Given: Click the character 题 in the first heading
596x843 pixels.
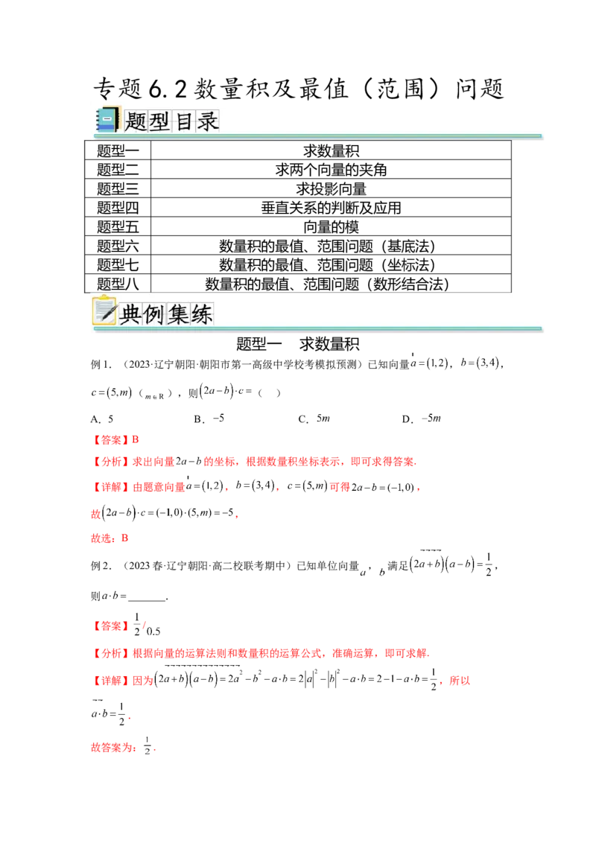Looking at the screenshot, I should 136,121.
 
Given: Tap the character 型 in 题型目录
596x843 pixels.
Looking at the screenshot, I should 159,121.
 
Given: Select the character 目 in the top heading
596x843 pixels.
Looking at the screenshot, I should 183,121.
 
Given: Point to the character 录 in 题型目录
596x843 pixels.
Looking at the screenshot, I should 207,121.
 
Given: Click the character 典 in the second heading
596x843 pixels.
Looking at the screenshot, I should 130,314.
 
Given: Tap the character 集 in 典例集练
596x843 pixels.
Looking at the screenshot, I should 178,314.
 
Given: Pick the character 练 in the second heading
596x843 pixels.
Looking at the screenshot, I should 202,314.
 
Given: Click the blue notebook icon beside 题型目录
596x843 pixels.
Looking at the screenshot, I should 107,120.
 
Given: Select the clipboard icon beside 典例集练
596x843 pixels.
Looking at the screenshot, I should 103,311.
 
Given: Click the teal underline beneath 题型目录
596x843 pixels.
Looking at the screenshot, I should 320,136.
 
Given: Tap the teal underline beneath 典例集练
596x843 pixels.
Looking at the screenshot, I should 320,328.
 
